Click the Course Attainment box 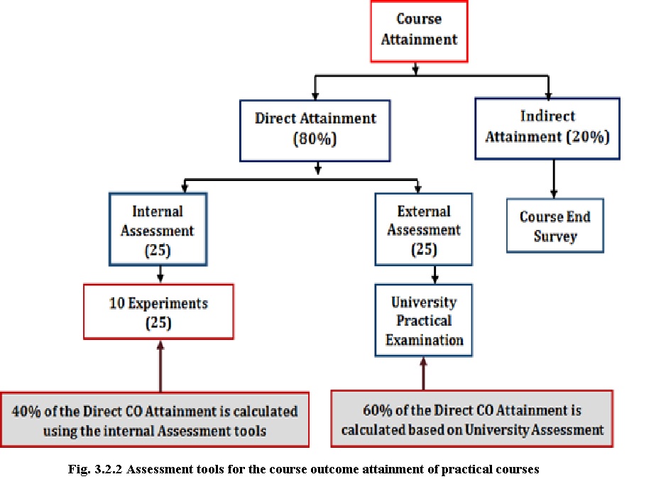click(x=419, y=31)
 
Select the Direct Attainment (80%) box click(x=315, y=131)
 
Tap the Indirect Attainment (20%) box click(x=547, y=128)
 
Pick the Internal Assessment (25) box click(x=158, y=229)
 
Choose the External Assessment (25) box click(x=424, y=229)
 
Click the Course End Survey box click(x=555, y=226)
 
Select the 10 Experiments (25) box click(x=158, y=312)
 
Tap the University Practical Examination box click(x=424, y=321)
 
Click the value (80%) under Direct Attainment click(x=315, y=139)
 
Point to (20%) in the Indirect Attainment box click(x=588, y=137)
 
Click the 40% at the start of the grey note click(x=26, y=411)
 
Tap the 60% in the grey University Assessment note click(x=378, y=410)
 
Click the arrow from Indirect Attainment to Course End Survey click(x=554, y=179)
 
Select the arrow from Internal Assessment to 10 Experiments click(x=160, y=275)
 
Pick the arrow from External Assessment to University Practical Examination click(x=435, y=275)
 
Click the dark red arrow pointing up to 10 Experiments click(x=160, y=366)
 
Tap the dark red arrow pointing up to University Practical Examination click(x=423, y=374)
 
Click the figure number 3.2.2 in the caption click(x=109, y=469)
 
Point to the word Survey click(x=555, y=237)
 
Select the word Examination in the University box click(x=425, y=340)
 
